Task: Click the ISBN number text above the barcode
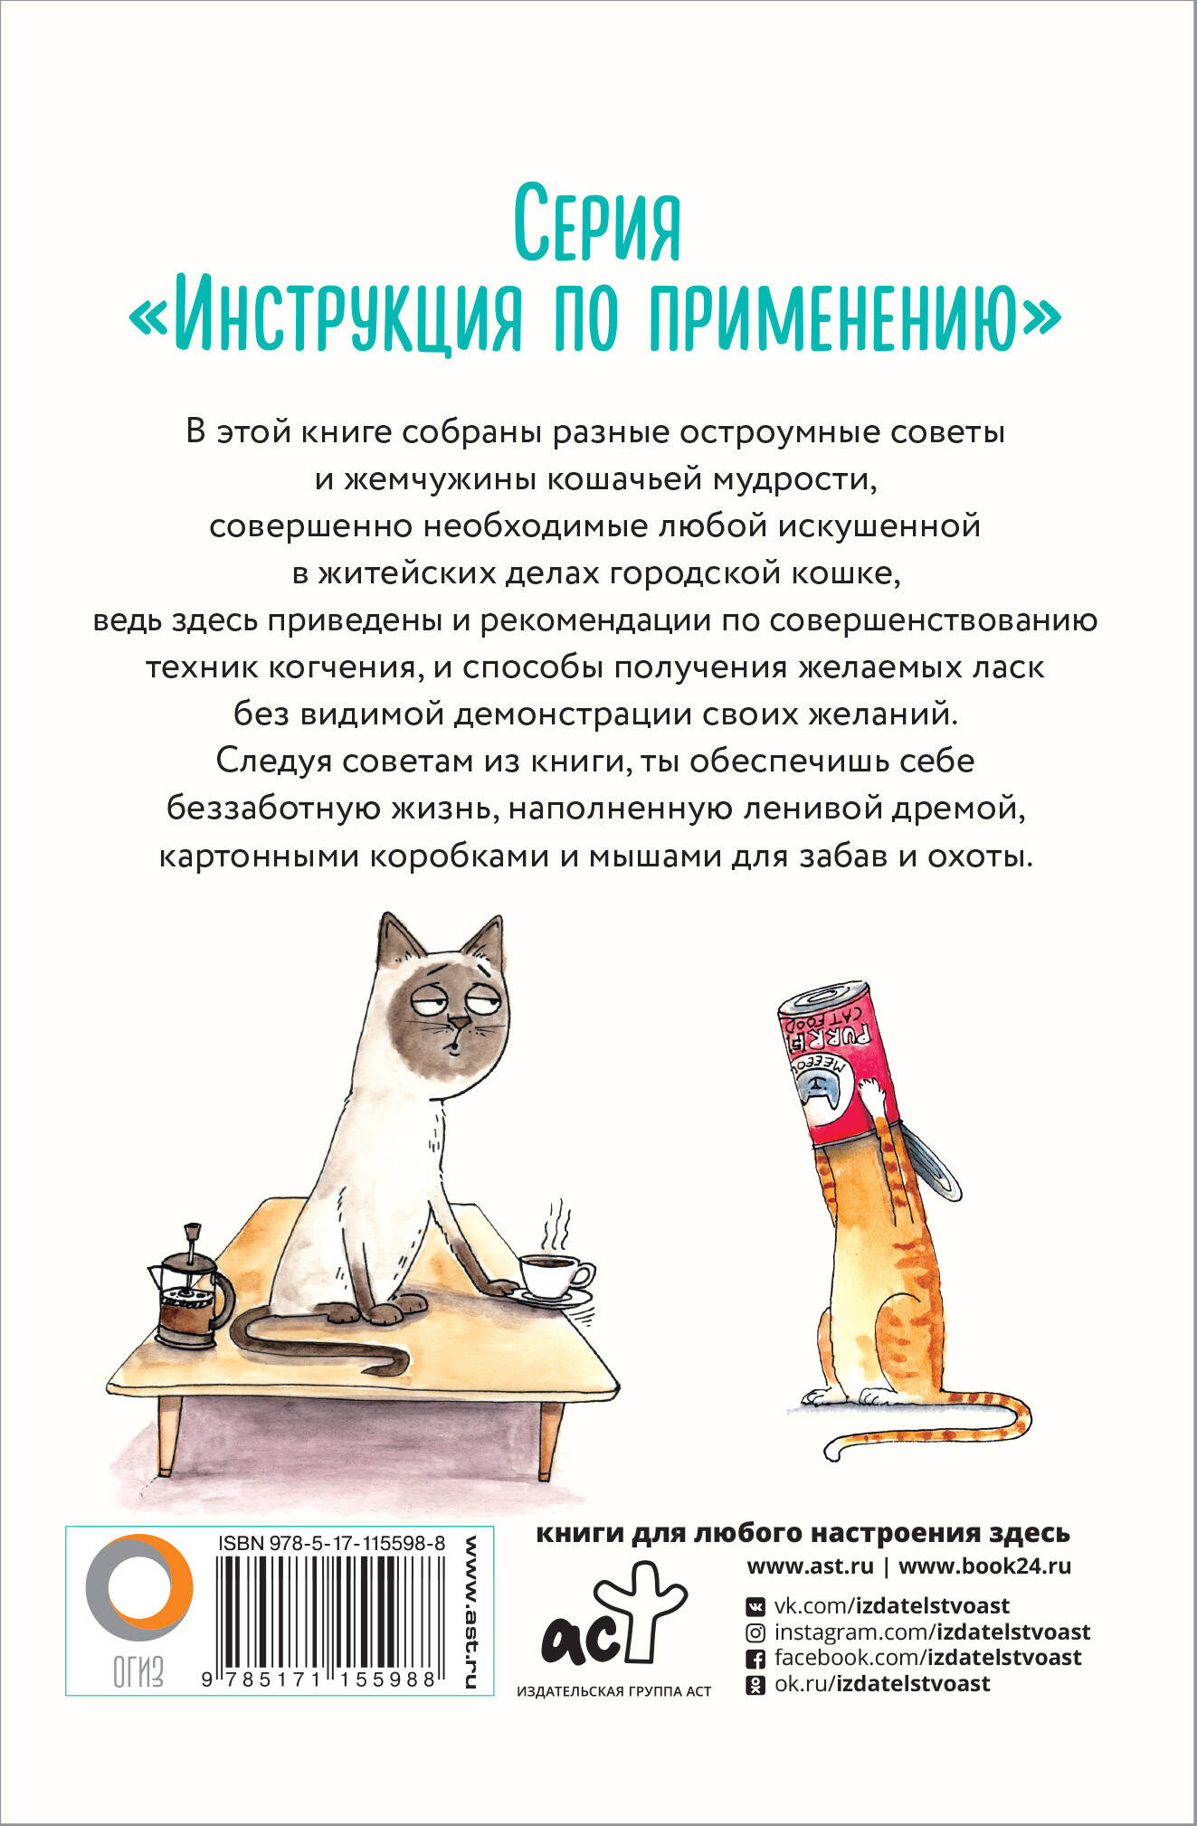(x=331, y=1545)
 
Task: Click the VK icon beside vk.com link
(x=755, y=1606)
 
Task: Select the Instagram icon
(x=755, y=1632)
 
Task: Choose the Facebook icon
(x=755, y=1659)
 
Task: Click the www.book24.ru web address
(x=984, y=1566)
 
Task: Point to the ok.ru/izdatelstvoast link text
(x=882, y=1683)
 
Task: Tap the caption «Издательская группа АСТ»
(x=613, y=1691)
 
